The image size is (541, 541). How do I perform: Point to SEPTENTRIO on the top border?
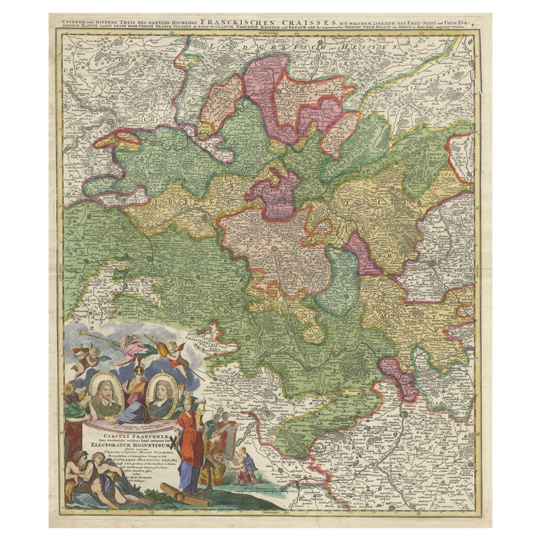pos(270,32)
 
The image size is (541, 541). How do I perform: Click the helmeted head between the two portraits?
pos(134,366)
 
